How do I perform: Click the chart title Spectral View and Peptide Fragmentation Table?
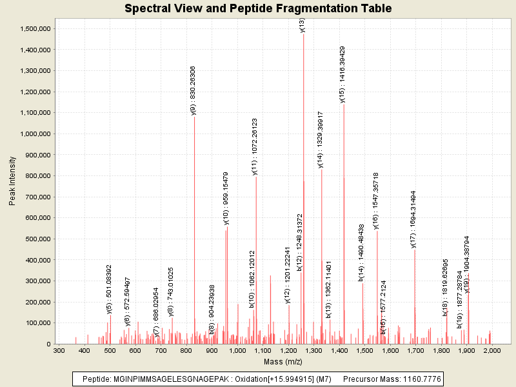[x=258, y=9]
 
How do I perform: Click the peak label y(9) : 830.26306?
[x=193, y=90]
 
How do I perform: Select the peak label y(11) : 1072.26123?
[x=255, y=146]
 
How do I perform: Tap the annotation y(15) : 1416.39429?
[x=342, y=74]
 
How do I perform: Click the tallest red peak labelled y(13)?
[x=304, y=193]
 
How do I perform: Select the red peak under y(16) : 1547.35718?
[x=377, y=290]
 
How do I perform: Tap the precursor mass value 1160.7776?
[x=421, y=379]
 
